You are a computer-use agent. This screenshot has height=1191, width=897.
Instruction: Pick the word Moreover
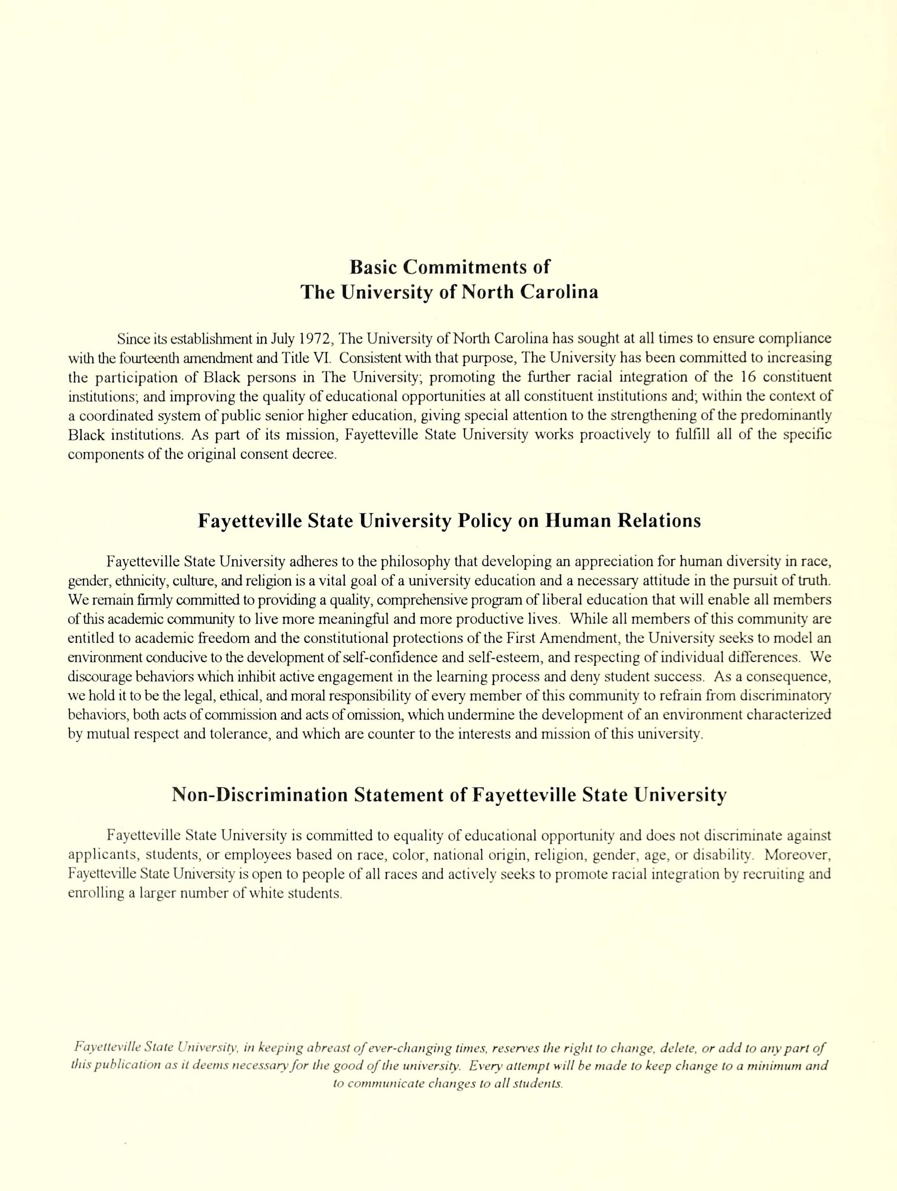[797, 855]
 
